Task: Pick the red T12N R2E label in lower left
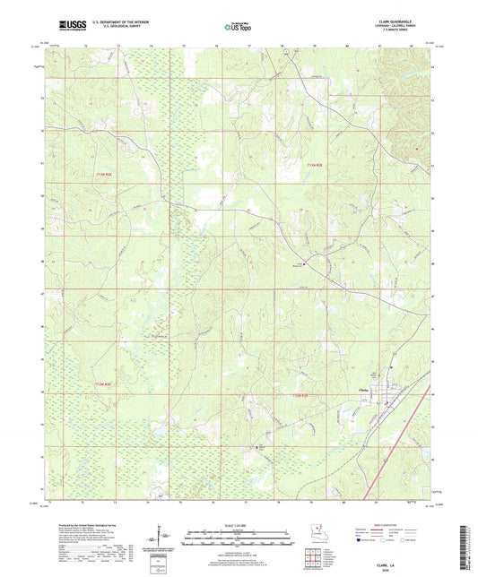coord(105,384)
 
